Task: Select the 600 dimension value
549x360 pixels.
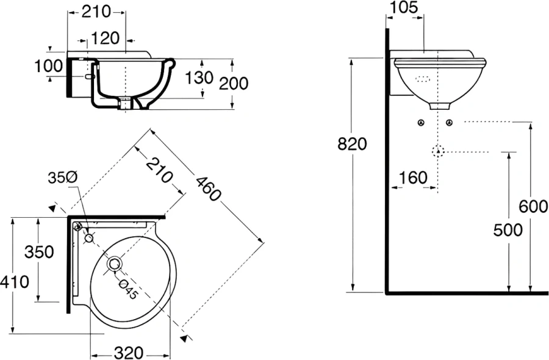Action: (x=533, y=207)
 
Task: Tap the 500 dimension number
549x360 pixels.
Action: (x=509, y=230)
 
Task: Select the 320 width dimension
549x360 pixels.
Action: (x=129, y=352)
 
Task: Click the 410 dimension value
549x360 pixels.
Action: (x=15, y=282)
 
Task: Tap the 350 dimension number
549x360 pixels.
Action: (x=39, y=251)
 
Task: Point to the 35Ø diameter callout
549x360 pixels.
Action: (x=63, y=177)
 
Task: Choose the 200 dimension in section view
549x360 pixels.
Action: (x=234, y=82)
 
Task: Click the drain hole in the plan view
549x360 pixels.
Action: (x=115, y=264)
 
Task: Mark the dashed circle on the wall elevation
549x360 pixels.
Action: (x=437, y=151)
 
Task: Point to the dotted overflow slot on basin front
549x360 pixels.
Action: (x=422, y=79)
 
